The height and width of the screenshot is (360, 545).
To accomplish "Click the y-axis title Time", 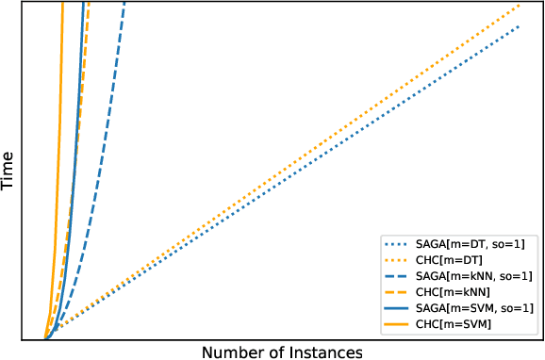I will (x=8, y=171).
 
